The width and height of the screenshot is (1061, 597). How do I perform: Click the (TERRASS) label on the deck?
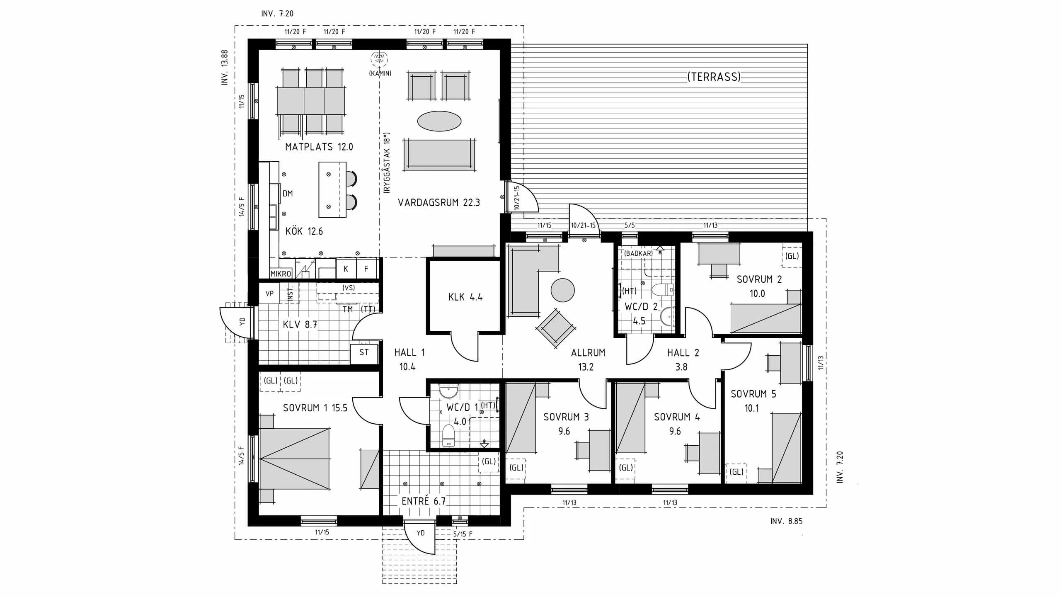point(714,77)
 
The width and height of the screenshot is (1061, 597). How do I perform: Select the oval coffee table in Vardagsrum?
point(439,121)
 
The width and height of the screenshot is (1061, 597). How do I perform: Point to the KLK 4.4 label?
point(465,297)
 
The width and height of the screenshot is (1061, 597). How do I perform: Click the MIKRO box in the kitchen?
point(281,274)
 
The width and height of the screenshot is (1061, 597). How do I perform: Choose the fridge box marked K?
point(346,269)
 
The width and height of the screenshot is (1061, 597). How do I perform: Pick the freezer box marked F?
point(366,269)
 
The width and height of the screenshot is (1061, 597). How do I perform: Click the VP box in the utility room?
point(269,294)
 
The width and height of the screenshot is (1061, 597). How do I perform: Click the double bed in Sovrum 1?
point(294,458)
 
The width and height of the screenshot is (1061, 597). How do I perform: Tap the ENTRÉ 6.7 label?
point(424,501)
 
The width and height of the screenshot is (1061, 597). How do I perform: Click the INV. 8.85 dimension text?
point(786,521)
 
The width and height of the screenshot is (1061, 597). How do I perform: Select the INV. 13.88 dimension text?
point(225,67)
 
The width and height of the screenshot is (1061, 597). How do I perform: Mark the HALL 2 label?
point(683,353)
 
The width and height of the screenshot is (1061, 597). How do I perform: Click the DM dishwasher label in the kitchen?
point(288,193)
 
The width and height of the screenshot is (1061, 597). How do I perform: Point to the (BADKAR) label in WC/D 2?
point(639,253)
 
